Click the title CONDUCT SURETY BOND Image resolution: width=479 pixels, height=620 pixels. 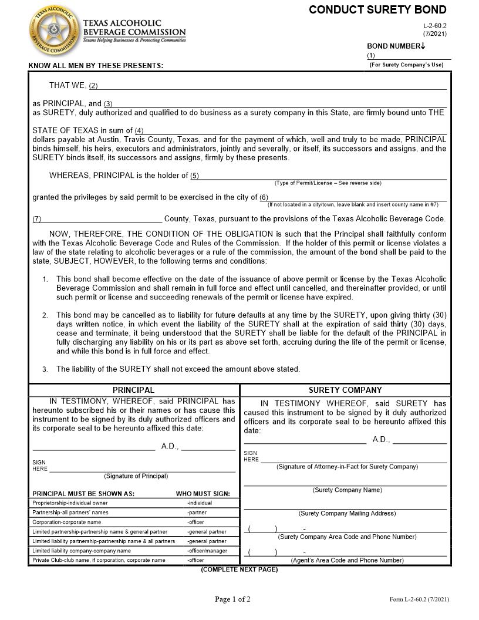pyautogui.click(x=377, y=10)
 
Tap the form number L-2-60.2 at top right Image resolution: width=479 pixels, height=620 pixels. pyautogui.click(x=434, y=26)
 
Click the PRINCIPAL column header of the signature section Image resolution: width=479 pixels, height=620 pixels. pyautogui.click(x=133, y=390)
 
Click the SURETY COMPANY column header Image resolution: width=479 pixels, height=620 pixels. pyautogui.click(x=345, y=390)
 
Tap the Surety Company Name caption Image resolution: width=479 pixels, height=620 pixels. pyautogui.click(x=347, y=490)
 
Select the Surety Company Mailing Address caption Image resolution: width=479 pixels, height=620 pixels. pyautogui.click(x=347, y=513)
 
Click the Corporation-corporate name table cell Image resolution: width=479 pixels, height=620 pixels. pyautogui.click(x=67, y=522)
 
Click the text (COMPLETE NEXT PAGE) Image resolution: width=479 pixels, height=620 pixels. pyautogui.click(x=239, y=570)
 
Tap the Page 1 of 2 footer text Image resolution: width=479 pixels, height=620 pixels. pyautogui.click(x=232, y=599)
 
